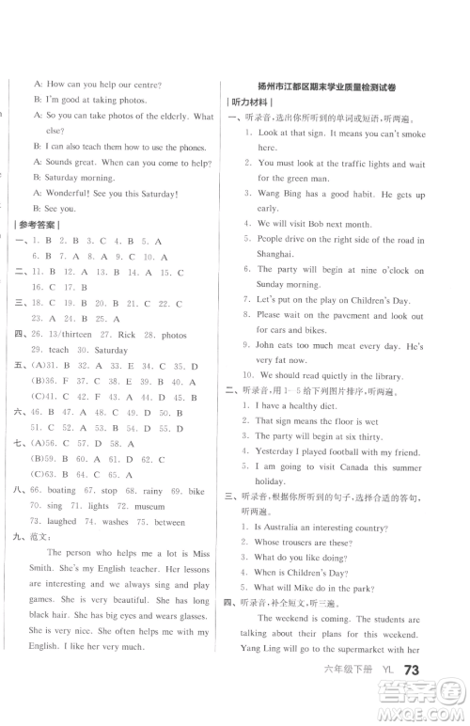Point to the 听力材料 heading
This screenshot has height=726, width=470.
coord(248,102)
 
